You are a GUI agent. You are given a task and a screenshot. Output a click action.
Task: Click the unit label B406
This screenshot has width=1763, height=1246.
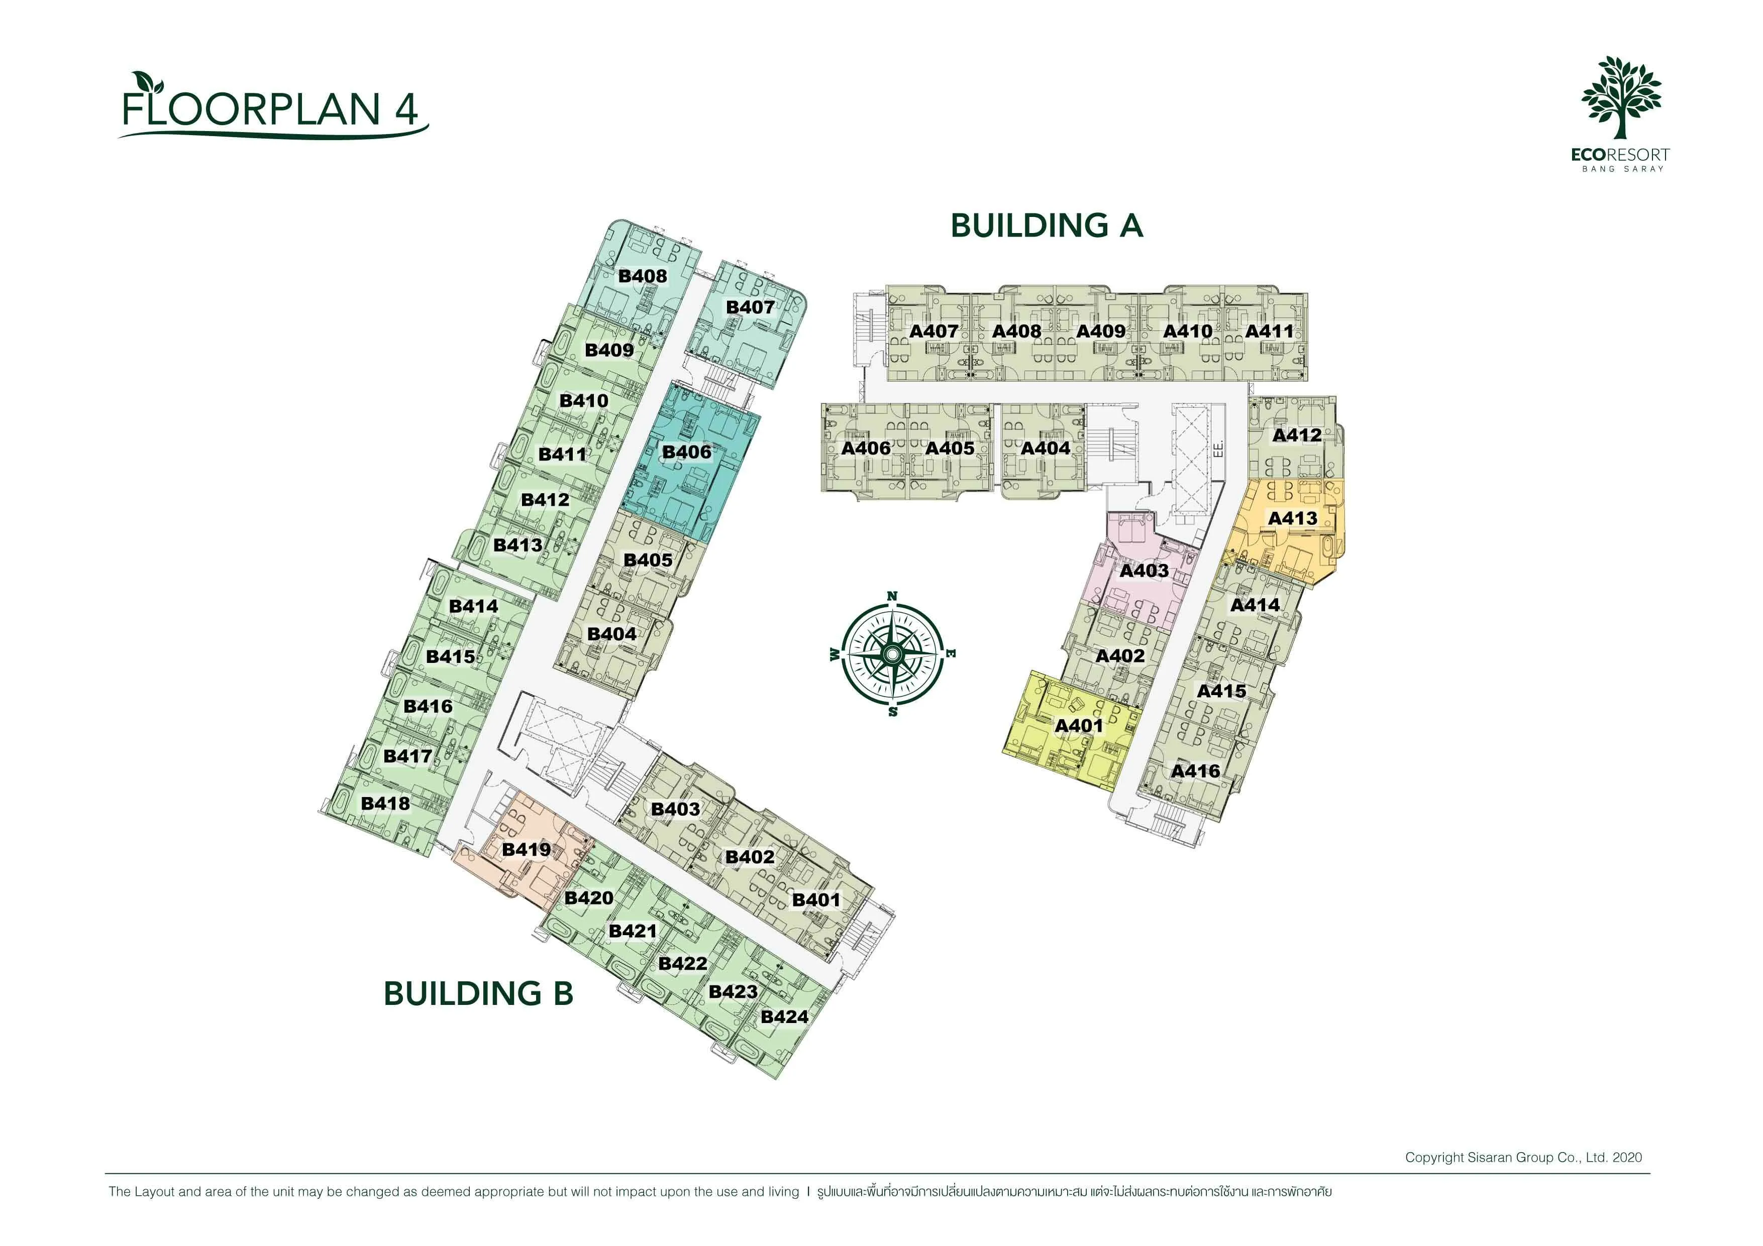pos(686,452)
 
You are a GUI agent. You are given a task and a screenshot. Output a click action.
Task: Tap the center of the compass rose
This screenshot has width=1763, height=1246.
pos(891,654)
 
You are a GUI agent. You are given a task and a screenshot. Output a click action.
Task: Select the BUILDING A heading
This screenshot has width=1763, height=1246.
pos(1047,225)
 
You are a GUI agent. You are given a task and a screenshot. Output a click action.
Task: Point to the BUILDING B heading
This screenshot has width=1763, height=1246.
pos(478,993)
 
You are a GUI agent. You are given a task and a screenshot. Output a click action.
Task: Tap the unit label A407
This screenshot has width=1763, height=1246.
pos(934,331)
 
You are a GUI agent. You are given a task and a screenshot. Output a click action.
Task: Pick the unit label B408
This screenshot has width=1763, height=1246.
pos(643,276)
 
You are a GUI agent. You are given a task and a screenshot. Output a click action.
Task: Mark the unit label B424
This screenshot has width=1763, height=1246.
pos(784,1017)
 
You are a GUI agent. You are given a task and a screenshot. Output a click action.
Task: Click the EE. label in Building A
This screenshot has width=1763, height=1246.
pos(1218,449)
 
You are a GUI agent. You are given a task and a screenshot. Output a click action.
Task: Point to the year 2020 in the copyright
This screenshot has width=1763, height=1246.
pos(1627,1158)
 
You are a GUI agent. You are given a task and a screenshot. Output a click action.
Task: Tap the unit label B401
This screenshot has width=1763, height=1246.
pos(816,900)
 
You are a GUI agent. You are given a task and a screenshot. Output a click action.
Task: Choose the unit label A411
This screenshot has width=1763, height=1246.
pos(1269,331)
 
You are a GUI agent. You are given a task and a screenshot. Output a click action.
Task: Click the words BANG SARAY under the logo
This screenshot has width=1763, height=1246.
pos(1622,169)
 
